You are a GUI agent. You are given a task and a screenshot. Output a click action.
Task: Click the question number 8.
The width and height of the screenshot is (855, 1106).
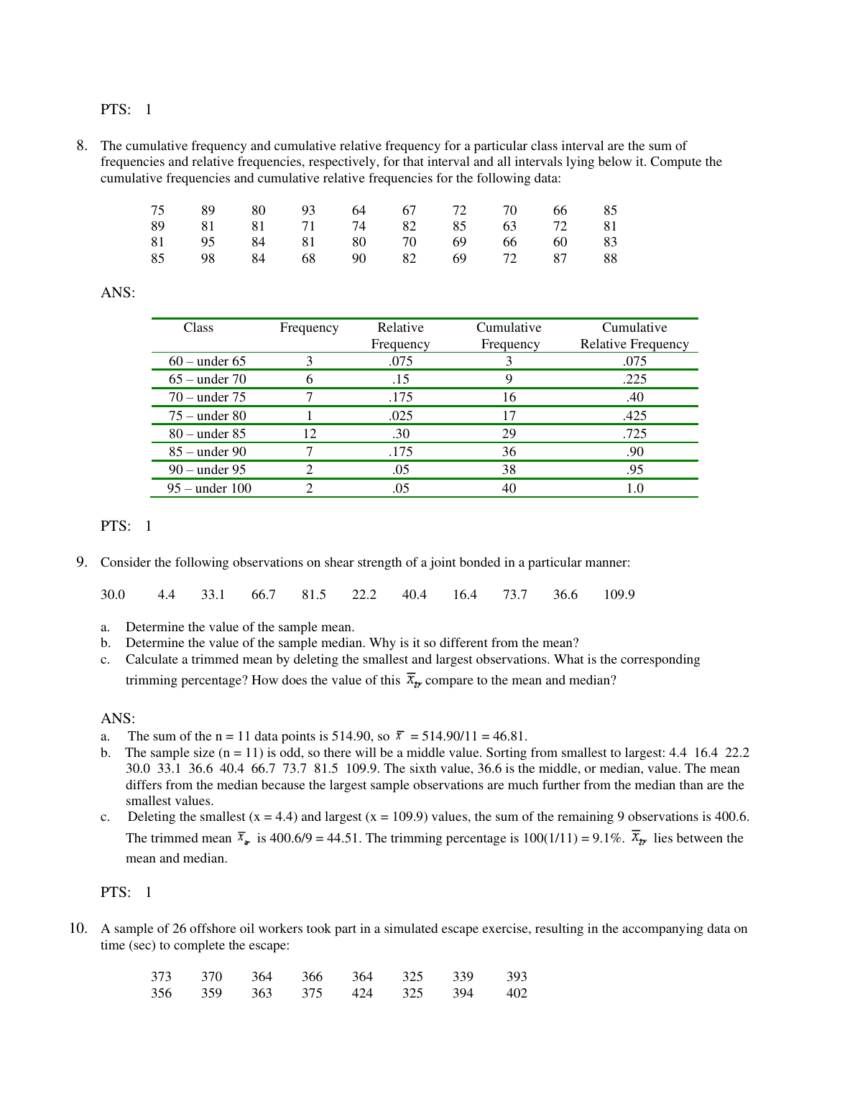82,146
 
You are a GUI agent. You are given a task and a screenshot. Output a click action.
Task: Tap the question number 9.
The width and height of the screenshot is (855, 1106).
82,562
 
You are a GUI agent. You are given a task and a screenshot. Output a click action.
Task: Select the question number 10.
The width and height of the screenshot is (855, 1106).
78,929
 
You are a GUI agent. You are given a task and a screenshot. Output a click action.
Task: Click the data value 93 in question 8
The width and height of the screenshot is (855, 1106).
308,210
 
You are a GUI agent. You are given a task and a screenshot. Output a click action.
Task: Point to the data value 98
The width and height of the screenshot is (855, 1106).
208,259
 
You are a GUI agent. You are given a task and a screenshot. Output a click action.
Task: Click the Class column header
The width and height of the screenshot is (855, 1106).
198,328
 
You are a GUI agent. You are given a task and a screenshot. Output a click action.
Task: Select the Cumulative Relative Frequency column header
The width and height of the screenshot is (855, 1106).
634,336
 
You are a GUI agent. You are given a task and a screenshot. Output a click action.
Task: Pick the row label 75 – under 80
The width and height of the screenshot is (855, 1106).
207,416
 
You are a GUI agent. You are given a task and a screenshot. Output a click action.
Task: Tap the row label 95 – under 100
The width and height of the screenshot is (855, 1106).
209,488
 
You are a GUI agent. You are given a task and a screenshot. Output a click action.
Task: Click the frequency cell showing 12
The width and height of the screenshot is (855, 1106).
310,434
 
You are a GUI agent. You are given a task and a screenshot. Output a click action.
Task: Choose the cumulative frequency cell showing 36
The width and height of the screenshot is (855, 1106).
509,452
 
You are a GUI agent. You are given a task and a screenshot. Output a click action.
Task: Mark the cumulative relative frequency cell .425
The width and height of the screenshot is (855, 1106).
634,416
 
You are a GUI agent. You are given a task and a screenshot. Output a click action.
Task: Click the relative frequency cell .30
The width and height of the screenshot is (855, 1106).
400,434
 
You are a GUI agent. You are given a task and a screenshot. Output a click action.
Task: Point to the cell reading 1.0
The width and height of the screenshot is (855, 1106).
634,488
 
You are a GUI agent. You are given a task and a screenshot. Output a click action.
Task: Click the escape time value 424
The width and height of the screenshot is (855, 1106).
362,993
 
